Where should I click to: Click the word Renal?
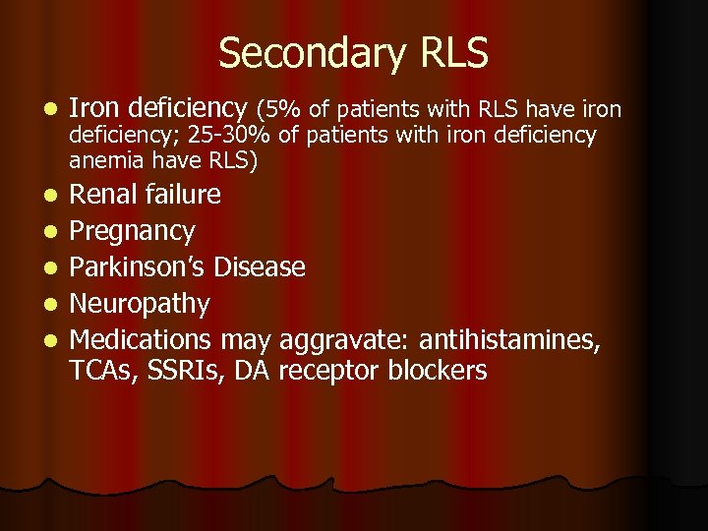104,195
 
